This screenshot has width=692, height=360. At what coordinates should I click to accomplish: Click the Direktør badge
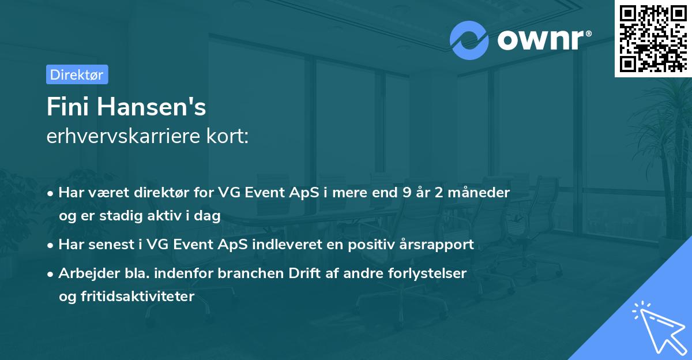pyautogui.click(x=77, y=74)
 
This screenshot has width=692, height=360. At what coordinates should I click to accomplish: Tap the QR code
pyautogui.click(x=652, y=38)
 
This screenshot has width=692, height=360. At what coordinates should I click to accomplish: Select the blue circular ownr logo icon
pyautogui.click(x=469, y=39)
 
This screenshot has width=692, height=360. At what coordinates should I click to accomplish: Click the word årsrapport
pyautogui.click(x=439, y=245)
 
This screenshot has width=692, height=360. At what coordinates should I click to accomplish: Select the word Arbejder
pyautogui.click(x=85, y=273)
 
